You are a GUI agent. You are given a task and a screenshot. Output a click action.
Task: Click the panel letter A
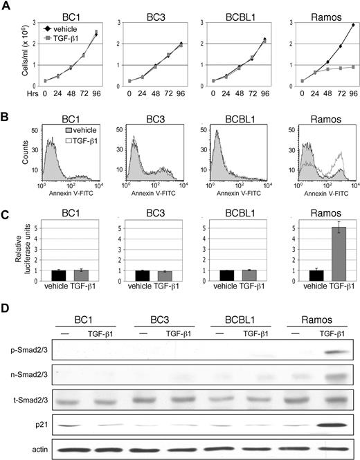(6, 6)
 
